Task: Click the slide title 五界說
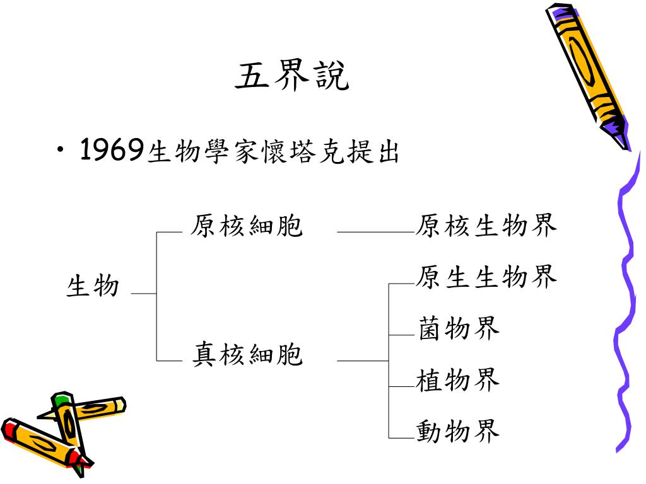291,76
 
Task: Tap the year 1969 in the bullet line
111,151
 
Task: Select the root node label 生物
93,286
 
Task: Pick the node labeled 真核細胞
247,355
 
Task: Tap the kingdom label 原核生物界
486,226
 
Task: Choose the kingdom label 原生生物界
486,277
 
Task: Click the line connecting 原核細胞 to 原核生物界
376,233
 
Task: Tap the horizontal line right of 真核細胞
363,361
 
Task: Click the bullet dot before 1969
59,152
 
